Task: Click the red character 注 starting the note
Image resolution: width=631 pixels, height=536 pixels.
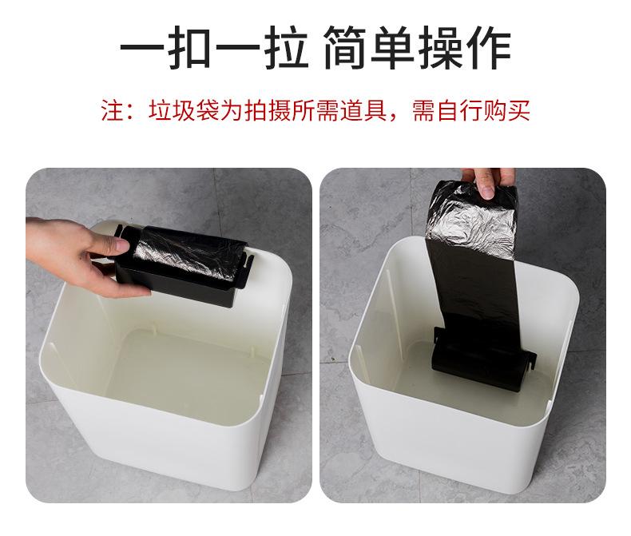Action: click(111, 110)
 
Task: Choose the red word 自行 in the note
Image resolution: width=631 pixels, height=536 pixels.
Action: click(460, 110)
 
